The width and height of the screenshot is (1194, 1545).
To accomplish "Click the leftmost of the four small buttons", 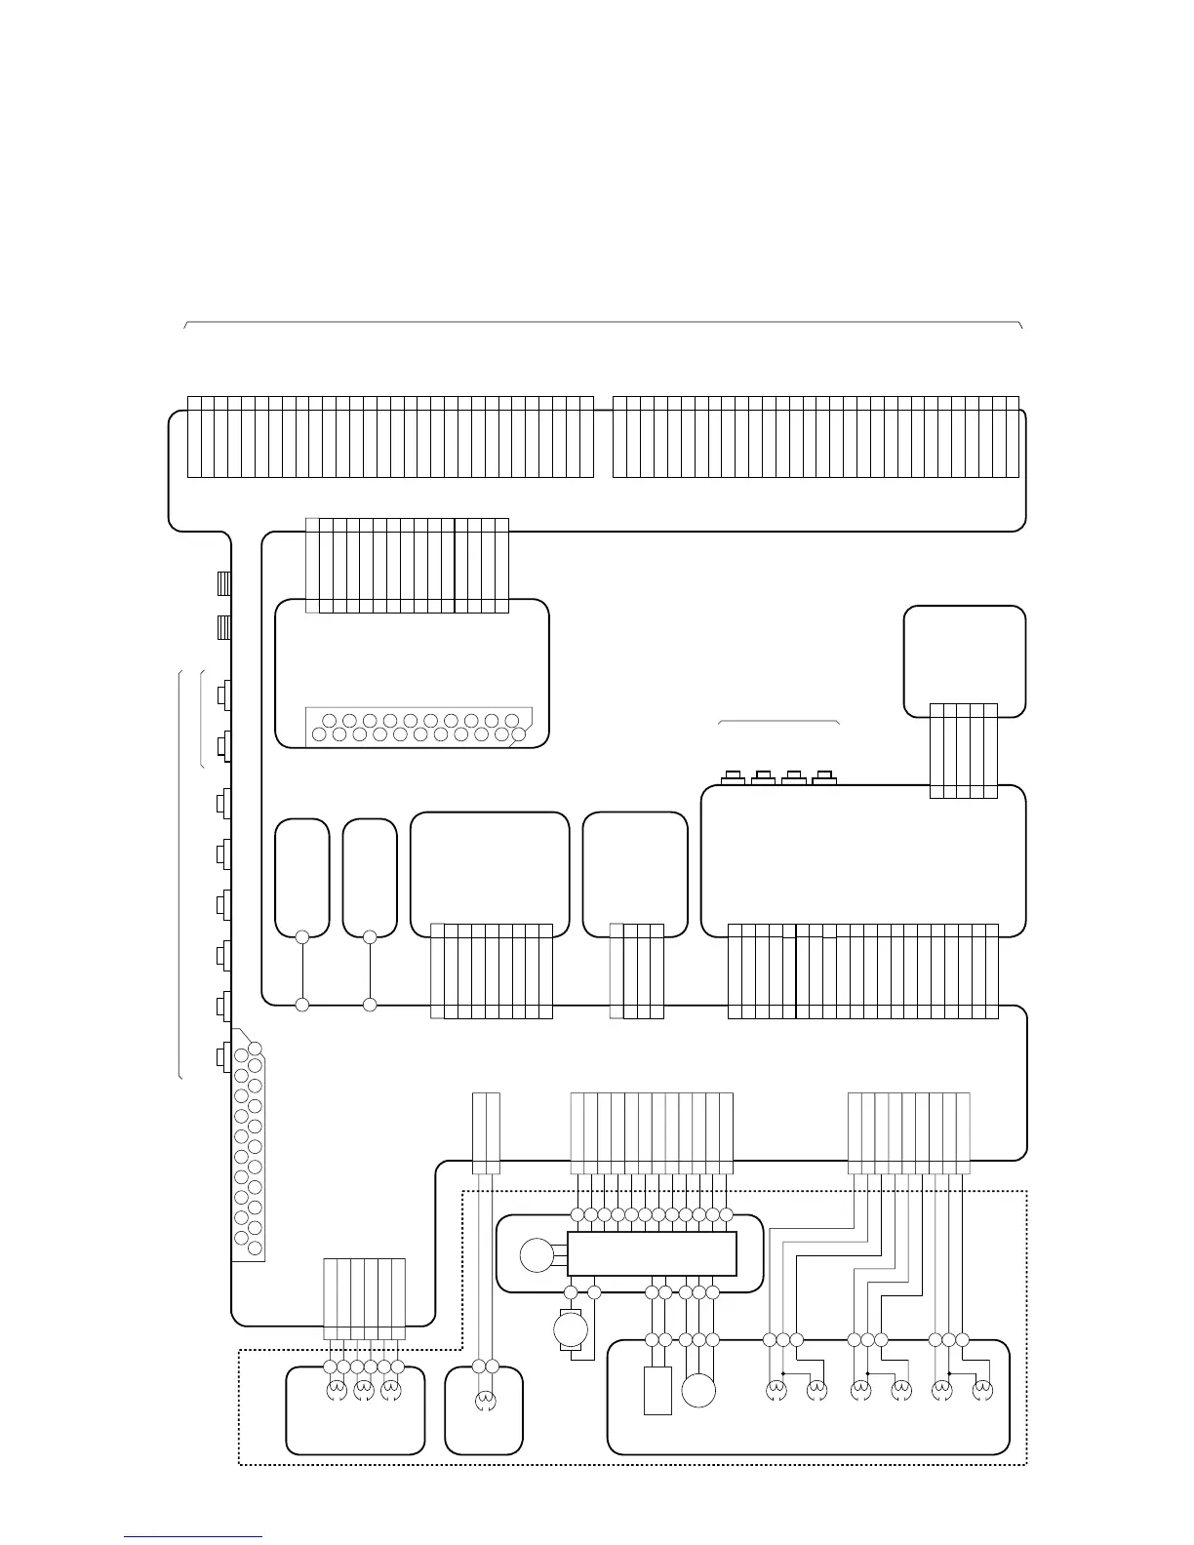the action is [x=733, y=776].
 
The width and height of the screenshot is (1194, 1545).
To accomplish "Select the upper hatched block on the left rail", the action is [x=222, y=583].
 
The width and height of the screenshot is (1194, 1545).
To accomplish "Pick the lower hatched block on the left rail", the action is [x=222, y=626].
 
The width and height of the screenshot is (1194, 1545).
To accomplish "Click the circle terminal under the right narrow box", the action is [x=370, y=937].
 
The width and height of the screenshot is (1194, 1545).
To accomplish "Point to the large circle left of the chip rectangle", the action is [x=536, y=1254].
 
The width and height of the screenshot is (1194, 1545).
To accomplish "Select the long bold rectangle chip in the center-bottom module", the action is [x=652, y=1253].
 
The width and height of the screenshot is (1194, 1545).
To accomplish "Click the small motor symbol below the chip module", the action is [x=567, y=1328].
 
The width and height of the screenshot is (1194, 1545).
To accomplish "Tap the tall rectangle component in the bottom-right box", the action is [x=657, y=1391].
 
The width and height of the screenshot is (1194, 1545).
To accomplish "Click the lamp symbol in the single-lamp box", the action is [x=484, y=1402].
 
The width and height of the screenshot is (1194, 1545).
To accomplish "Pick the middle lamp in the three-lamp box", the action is [x=363, y=1388].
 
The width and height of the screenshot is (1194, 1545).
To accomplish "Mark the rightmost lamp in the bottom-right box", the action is [x=982, y=1388].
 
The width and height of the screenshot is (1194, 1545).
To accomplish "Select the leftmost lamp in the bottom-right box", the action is [x=776, y=1388].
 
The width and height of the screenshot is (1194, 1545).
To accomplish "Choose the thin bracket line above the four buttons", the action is [x=778, y=722].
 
